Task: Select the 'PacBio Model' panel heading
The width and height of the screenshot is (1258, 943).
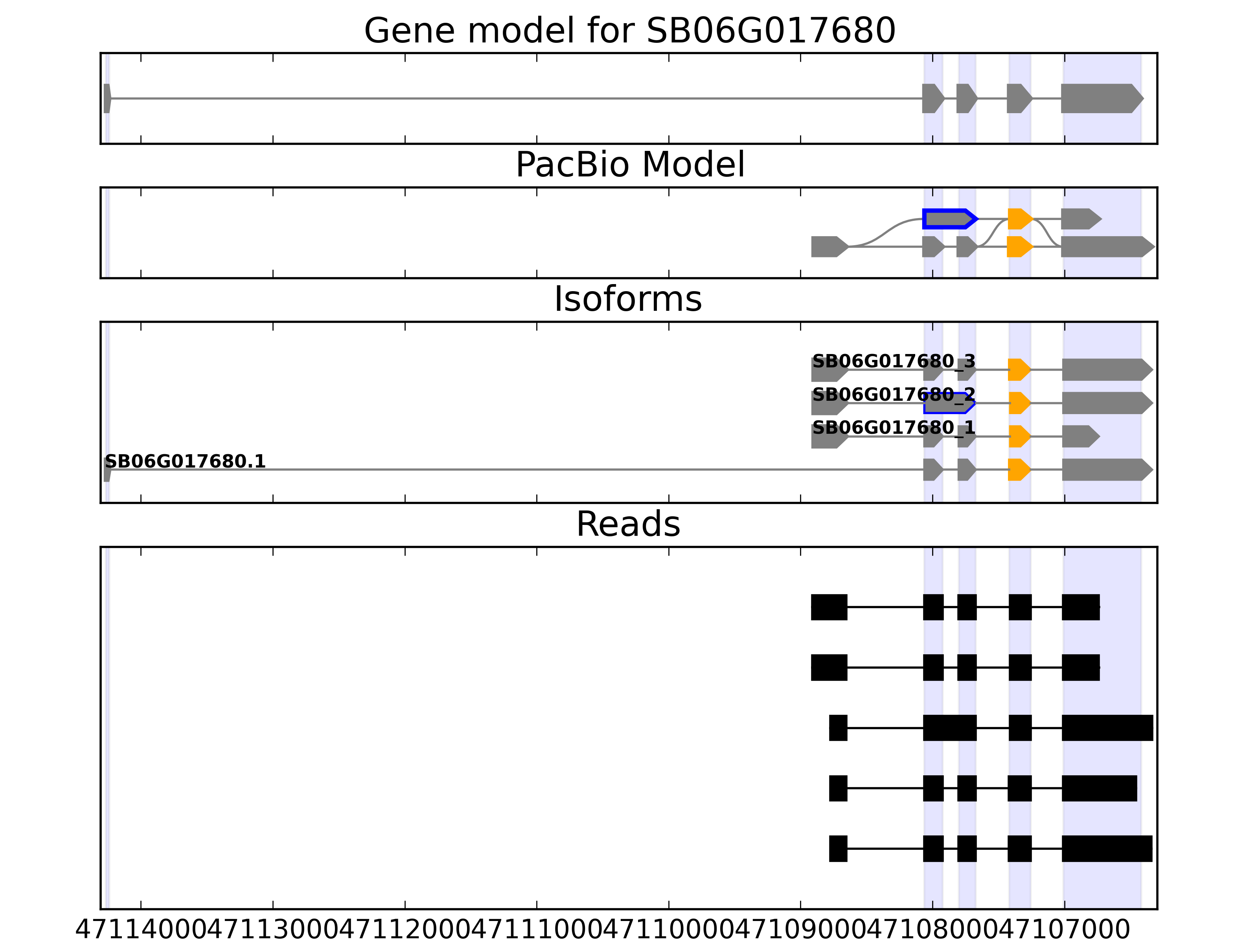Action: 629,165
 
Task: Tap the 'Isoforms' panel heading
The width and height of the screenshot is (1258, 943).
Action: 628,299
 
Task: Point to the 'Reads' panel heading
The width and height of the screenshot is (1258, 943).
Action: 628,524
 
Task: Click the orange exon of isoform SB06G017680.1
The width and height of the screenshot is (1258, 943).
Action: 1019,470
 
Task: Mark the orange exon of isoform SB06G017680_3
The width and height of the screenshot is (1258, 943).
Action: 1019,369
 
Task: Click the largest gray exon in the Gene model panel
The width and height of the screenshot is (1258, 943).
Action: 1100,98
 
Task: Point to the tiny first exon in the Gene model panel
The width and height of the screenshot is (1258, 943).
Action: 107,98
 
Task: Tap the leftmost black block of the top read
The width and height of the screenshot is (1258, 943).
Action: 829,607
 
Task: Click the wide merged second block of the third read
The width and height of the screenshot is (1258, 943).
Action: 949,728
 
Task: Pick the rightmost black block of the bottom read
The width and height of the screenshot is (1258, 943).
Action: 1107,849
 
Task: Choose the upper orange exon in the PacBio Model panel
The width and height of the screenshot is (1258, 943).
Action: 1019,219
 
